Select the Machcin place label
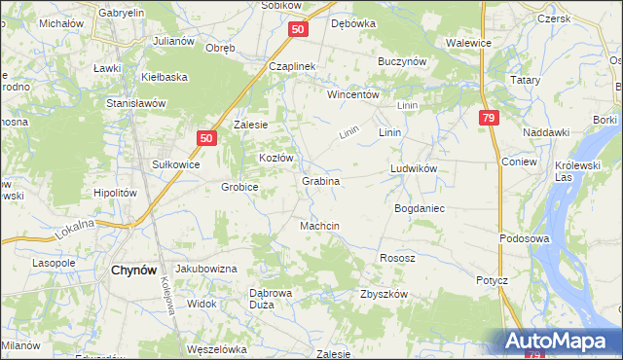[x=319, y=226]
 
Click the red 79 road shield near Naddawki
[x=488, y=118]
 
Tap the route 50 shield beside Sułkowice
[x=205, y=139]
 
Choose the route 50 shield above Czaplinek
[x=298, y=30]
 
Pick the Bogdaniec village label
[x=419, y=209]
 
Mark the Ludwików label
[x=415, y=168]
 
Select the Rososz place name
[x=396, y=258]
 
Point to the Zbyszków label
[x=384, y=294]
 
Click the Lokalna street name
[x=74, y=229]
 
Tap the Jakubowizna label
[x=206, y=268]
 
